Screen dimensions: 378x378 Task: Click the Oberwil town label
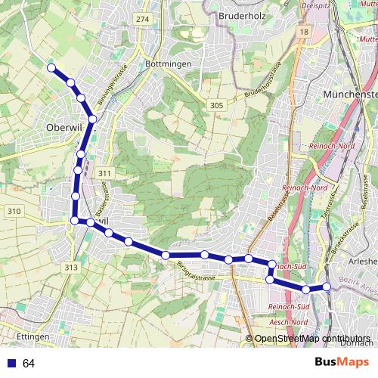(x=64, y=126)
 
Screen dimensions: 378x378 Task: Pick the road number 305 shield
(x=216, y=106)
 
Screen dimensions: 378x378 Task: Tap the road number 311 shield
(x=104, y=174)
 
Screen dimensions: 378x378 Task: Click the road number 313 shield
(x=71, y=268)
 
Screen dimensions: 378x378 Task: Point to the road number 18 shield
(x=303, y=33)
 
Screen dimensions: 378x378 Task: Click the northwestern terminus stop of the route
(x=51, y=68)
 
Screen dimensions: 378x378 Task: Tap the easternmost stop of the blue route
(x=327, y=287)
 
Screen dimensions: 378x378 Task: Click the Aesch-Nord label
(x=288, y=322)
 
